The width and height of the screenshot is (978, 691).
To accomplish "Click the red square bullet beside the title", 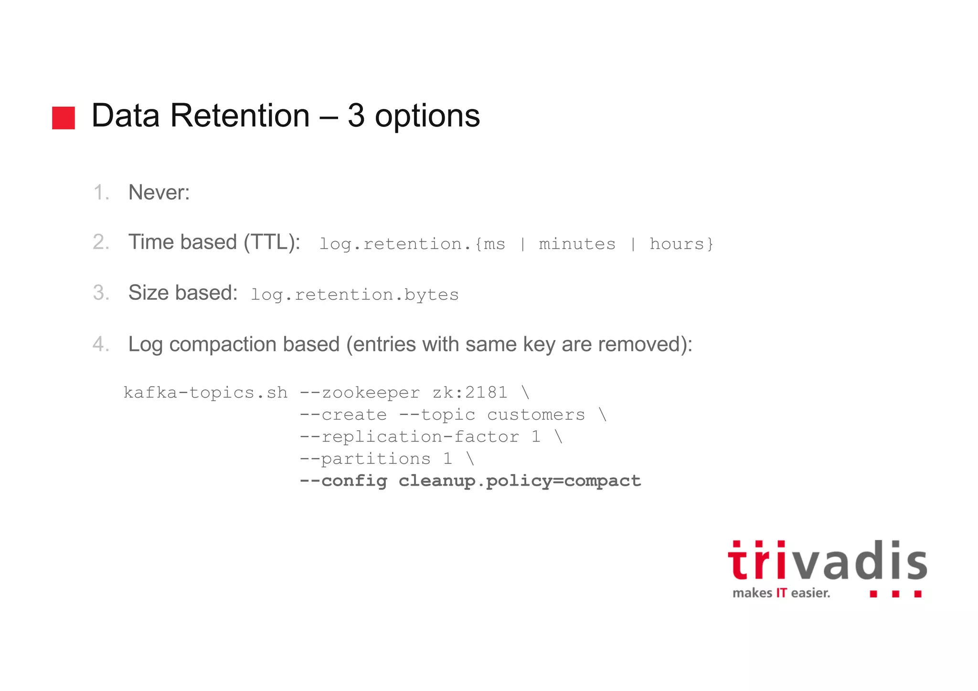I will tap(64, 117).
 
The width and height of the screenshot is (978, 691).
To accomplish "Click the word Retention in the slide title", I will tap(240, 116).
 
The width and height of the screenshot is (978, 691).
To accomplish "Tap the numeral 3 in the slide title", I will tap(356, 116).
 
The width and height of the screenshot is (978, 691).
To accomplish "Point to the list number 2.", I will tap(101, 242).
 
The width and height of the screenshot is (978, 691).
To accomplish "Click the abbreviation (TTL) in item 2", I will tap(271, 242).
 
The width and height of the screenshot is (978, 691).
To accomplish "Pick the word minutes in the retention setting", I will tap(577, 244).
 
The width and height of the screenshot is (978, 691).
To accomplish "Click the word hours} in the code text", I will tap(681, 244).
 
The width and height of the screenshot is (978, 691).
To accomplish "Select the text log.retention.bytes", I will tap(354, 295).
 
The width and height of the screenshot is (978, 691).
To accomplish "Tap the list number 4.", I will tap(101, 344).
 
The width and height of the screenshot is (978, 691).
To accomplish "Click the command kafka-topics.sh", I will tap(205, 393).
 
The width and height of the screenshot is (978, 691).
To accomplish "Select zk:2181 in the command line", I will tap(470, 393).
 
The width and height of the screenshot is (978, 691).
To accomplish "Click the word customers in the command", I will tap(536, 415).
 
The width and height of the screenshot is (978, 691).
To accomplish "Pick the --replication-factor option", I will tap(409, 436).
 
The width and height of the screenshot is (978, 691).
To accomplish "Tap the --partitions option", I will tap(365, 459).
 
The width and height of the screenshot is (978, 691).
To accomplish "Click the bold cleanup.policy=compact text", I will tap(520, 481).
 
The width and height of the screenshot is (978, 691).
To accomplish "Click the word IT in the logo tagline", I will tap(781, 593).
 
